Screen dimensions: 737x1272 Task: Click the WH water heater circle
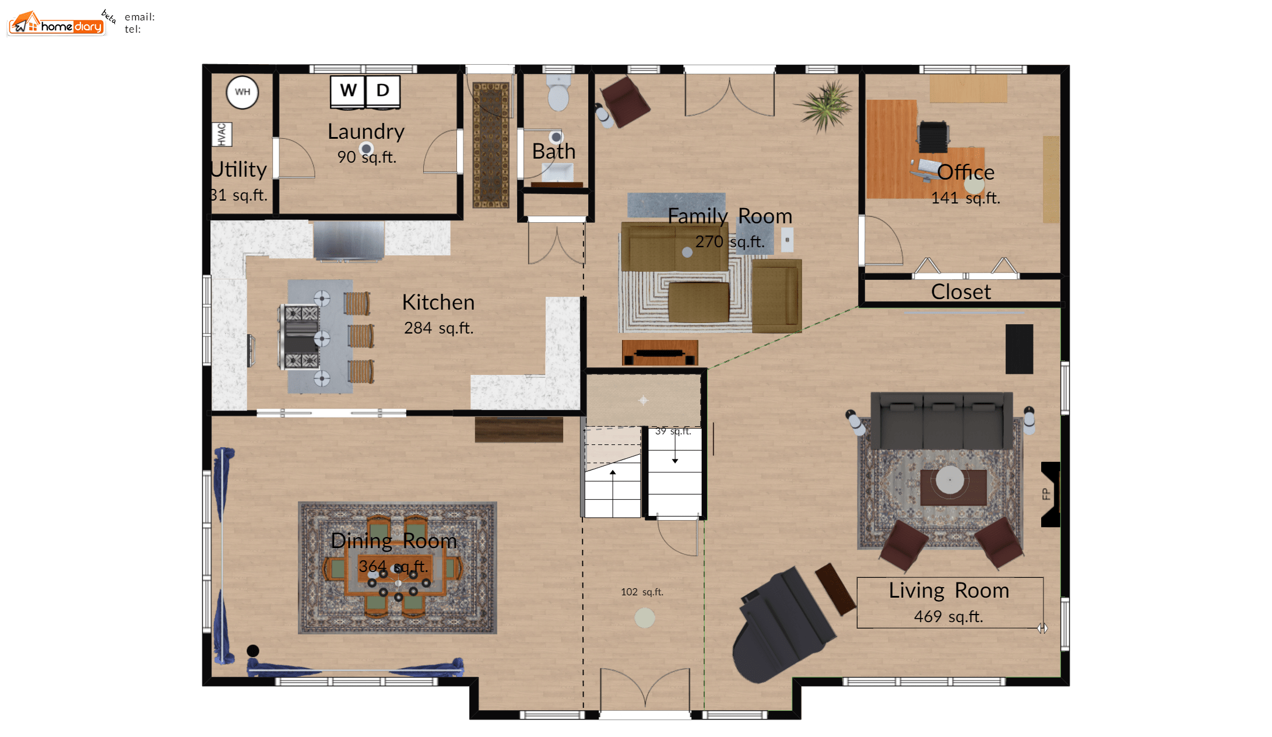coord(243,92)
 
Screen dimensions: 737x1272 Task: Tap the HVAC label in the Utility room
coord(222,134)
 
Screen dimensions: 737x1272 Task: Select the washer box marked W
coord(348,91)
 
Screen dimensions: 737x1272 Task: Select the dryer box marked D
coord(382,91)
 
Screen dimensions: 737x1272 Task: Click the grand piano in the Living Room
coord(781,624)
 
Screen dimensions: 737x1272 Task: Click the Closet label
coord(961,292)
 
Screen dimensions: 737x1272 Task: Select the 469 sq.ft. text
coord(948,616)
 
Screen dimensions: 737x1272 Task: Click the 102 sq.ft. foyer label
coord(642,592)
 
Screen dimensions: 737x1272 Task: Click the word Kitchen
coord(438,302)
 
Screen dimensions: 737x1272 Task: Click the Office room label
coord(966,172)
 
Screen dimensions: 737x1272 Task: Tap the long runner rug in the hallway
coord(491,145)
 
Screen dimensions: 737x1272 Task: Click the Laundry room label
coord(366,132)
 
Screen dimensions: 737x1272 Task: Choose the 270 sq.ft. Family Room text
coord(730,241)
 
